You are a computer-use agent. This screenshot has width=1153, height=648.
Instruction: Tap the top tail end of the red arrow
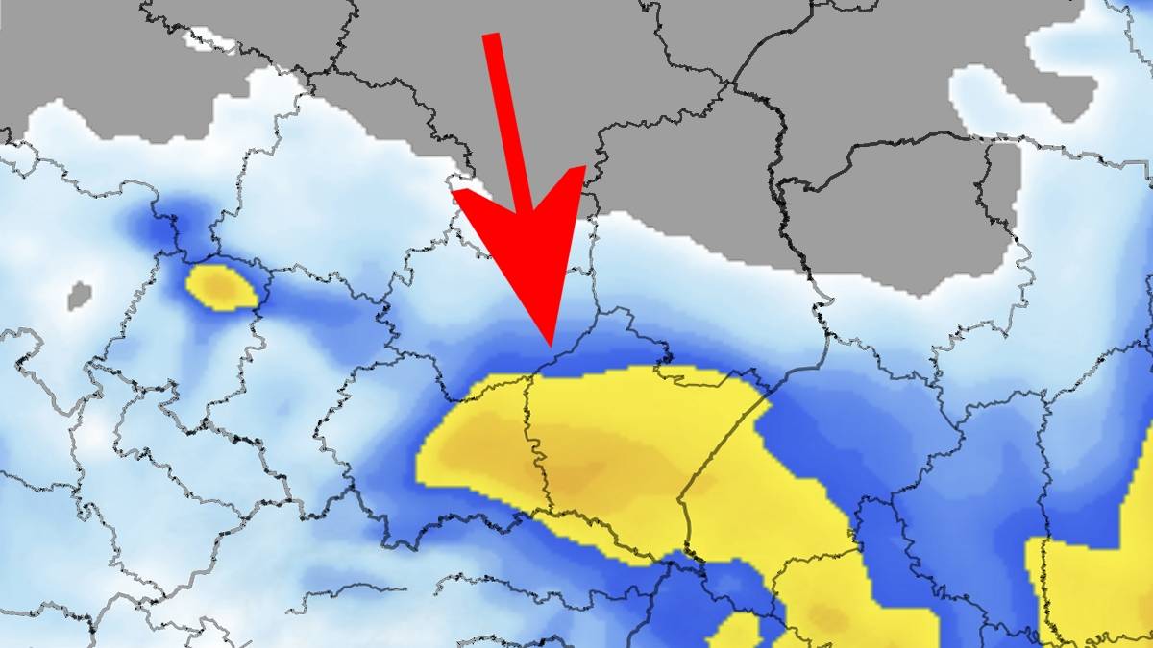[x=491, y=36]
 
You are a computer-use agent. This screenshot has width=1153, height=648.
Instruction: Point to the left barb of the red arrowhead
[x=454, y=192]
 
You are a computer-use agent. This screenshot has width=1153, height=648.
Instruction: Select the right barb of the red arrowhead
[x=582, y=170]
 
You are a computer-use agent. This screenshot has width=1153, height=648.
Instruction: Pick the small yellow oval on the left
[x=221, y=287]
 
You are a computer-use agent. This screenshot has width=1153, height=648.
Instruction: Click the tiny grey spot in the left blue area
[x=80, y=295]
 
